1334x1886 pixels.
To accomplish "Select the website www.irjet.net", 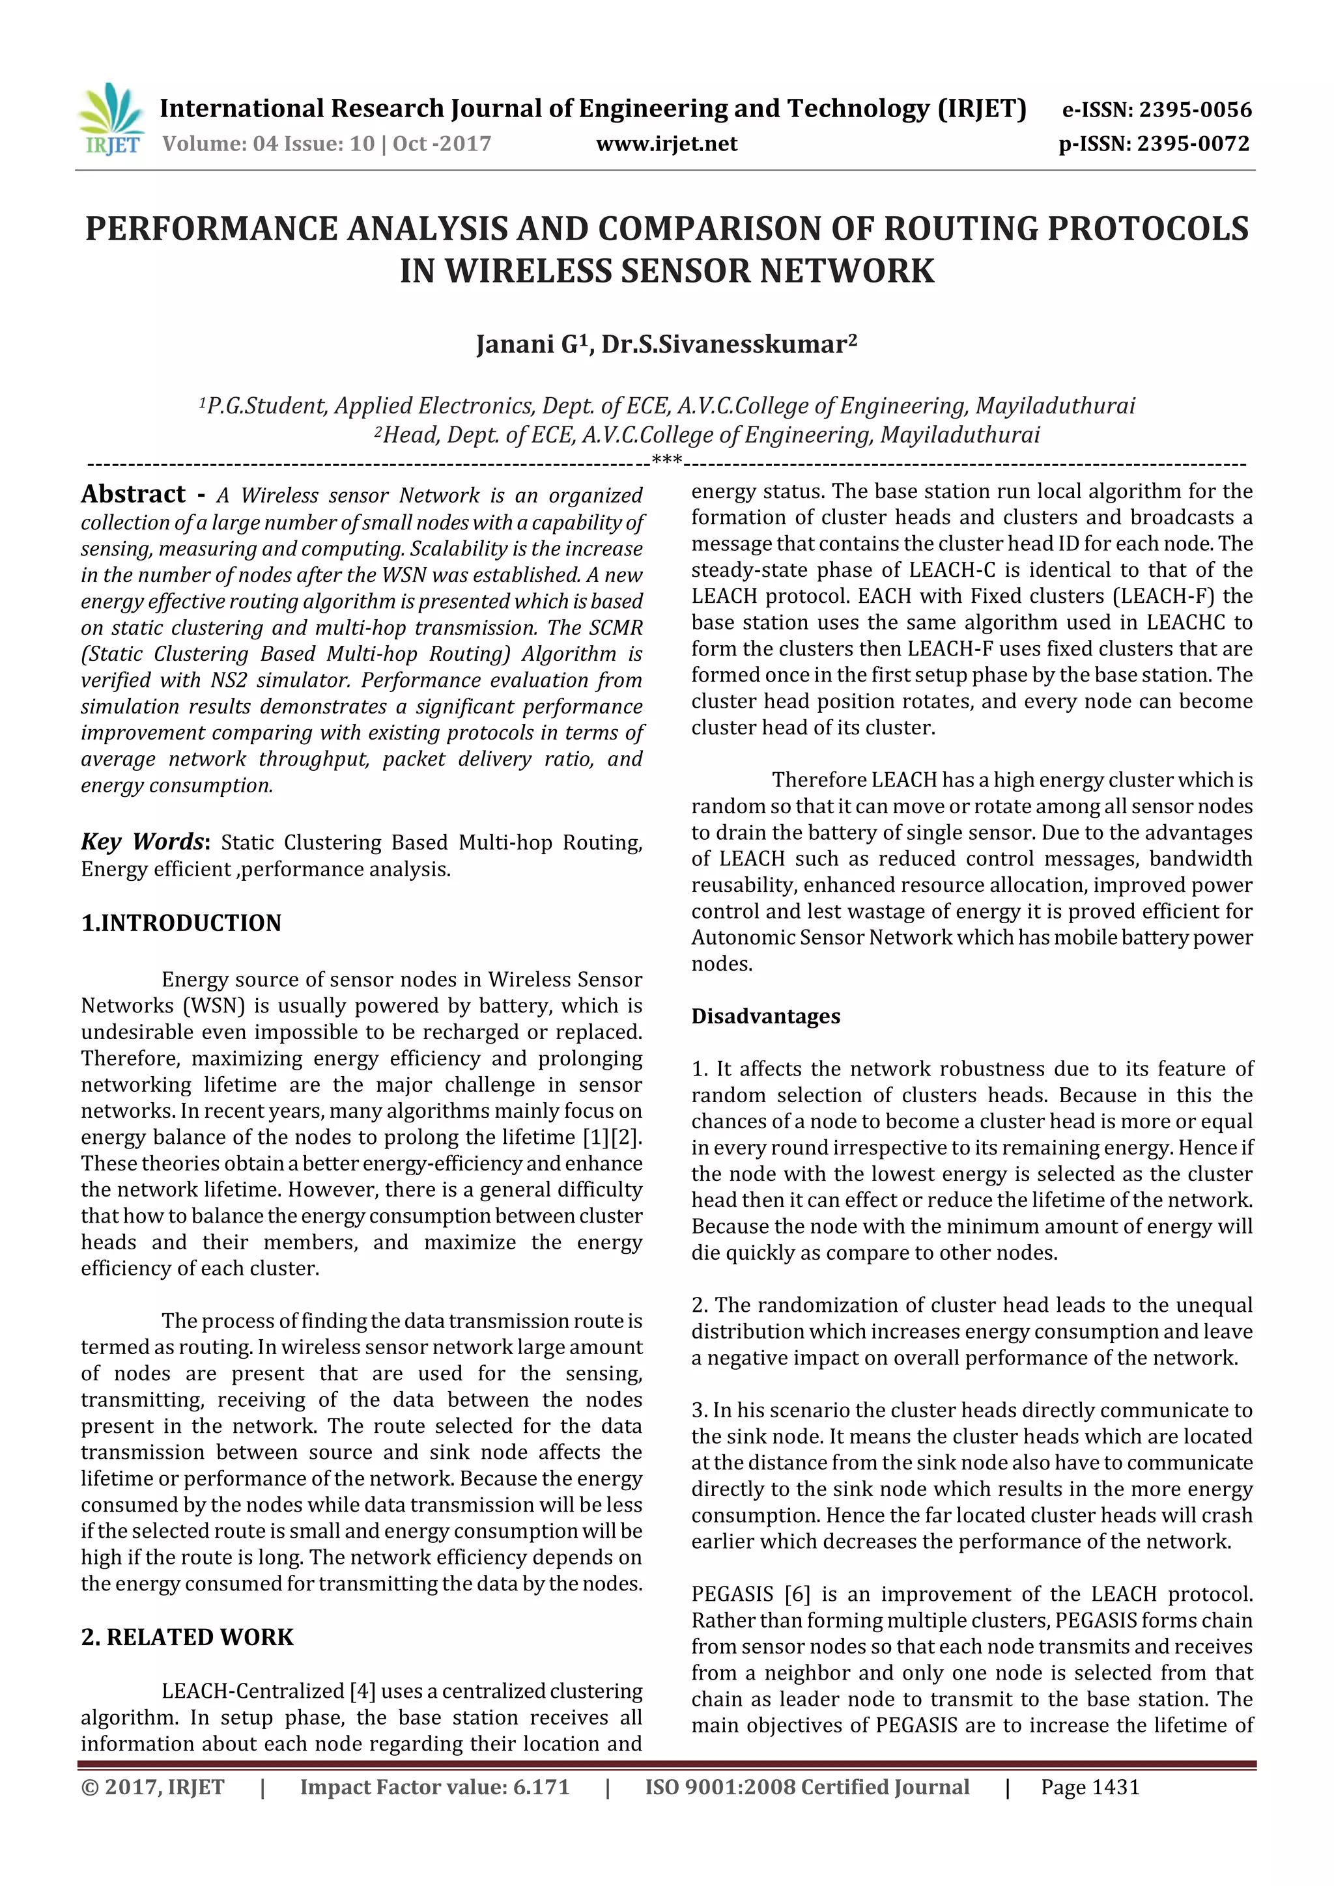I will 666,145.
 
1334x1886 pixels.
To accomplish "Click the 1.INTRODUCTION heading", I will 181,923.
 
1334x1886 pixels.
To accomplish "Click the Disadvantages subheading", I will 765,1016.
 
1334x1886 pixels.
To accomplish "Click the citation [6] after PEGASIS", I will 797,1594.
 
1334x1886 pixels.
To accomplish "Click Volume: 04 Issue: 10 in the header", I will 268,145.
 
